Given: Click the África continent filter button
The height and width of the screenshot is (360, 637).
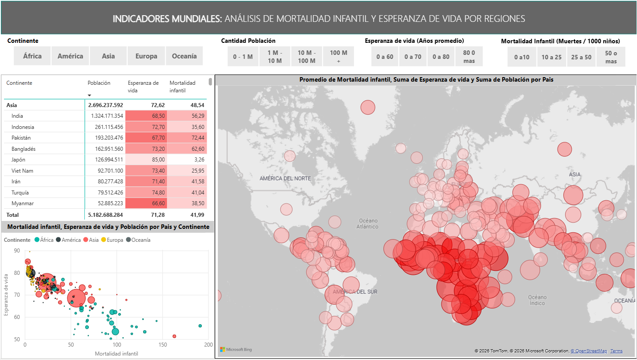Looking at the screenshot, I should pos(32,56).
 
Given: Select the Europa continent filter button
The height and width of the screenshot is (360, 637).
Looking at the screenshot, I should pos(146,56).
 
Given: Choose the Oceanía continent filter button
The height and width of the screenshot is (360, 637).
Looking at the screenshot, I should pos(184,56).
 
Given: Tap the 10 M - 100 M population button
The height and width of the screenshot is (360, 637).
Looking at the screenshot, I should pos(306,57).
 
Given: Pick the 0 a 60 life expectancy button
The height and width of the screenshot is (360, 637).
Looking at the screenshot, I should pos(385,57).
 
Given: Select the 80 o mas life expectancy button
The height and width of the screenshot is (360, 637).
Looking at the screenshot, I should pos(469,57).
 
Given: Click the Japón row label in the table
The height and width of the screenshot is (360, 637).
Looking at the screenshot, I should pos(18,160).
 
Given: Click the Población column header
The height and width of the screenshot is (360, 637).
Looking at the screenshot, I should pos(99,83).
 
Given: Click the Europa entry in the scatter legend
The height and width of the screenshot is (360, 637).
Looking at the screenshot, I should pos(115,240).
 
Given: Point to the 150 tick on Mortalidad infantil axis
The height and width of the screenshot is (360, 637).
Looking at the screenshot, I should pos(162,345).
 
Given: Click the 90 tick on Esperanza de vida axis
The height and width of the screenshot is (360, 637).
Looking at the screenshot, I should pos(17,251).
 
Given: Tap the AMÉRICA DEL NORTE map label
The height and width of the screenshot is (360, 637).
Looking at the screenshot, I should pos(285,178).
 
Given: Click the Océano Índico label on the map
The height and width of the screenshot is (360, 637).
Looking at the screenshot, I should pos(537,300).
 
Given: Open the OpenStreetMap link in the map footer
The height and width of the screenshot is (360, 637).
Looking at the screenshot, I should pos(589,351).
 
